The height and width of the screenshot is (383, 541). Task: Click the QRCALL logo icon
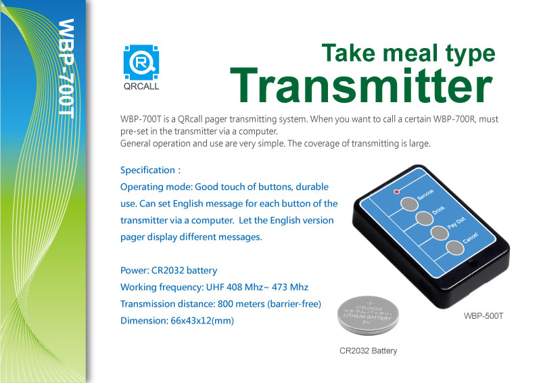pyautogui.click(x=141, y=62)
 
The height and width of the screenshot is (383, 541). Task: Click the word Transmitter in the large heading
pyautogui.click(x=361, y=85)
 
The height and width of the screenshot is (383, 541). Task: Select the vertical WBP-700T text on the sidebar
pyautogui.click(x=66, y=69)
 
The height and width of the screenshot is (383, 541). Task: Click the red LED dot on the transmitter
pyautogui.click(x=397, y=191)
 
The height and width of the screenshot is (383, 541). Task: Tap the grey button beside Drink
pyautogui.click(x=424, y=219)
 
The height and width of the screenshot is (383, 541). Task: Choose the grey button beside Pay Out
pyautogui.click(x=440, y=233)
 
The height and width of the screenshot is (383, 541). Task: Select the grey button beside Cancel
pyautogui.click(x=454, y=248)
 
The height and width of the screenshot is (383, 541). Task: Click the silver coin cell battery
pyautogui.click(x=368, y=315)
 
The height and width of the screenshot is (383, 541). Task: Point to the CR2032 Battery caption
pyautogui.click(x=368, y=351)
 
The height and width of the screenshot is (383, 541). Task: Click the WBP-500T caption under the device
pyautogui.click(x=484, y=315)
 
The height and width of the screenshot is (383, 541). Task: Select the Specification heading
pyautogui.click(x=147, y=171)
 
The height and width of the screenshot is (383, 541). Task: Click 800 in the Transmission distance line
pyautogui.click(x=225, y=304)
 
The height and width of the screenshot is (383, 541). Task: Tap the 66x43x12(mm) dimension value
pyautogui.click(x=202, y=321)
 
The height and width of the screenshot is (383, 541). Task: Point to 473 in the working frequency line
pyautogui.click(x=279, y=287)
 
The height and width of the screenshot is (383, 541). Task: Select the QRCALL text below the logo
pyautogui.click(x=141, y=87)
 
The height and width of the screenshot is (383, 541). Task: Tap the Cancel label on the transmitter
pyautogui.click(x=471, y=238)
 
